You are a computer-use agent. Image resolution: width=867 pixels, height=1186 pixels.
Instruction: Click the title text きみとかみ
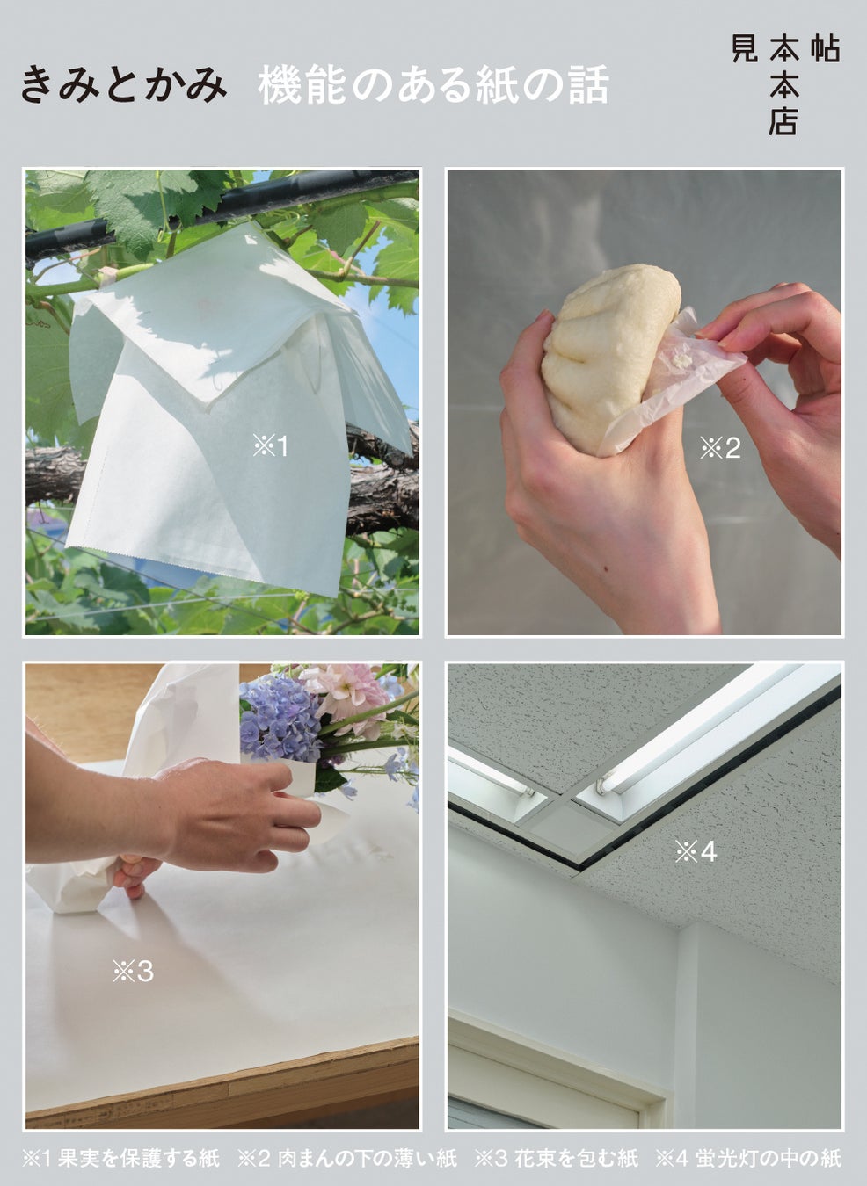(x=124, y=84)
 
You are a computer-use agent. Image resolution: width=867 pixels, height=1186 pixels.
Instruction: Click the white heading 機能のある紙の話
(x=433, y=84)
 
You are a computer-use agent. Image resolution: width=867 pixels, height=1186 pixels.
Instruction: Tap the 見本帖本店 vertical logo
(x=785, y=84)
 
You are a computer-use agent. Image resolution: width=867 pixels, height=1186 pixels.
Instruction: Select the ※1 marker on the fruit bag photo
(x=270, y=446)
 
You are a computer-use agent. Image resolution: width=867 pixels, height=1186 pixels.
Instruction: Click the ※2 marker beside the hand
(x=720, y=448)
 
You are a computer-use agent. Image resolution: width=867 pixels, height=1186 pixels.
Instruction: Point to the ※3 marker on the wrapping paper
(x=133, y=972)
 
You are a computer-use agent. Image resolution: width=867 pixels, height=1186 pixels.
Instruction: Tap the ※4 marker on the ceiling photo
(x=696, y=852)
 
